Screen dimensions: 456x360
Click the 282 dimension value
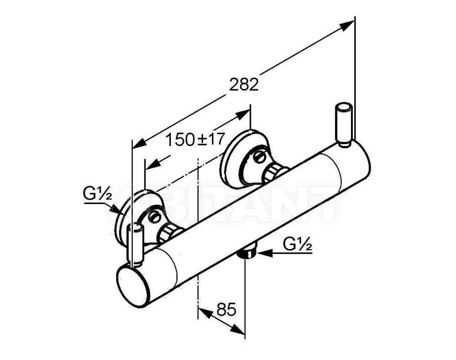tap(244, 84)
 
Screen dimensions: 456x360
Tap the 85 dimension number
tap(226, 309)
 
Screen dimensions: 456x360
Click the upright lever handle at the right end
tap(344, 125)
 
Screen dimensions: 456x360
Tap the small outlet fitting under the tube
tap(248, 252)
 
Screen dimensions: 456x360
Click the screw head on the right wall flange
tap(258, 157)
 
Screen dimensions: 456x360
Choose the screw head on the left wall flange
tap(154, 217)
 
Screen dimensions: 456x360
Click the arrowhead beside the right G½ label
tap(264, 254)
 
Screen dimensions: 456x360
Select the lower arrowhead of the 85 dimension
tap(238, 330)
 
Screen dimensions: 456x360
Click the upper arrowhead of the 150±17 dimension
tap(244, 115)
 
